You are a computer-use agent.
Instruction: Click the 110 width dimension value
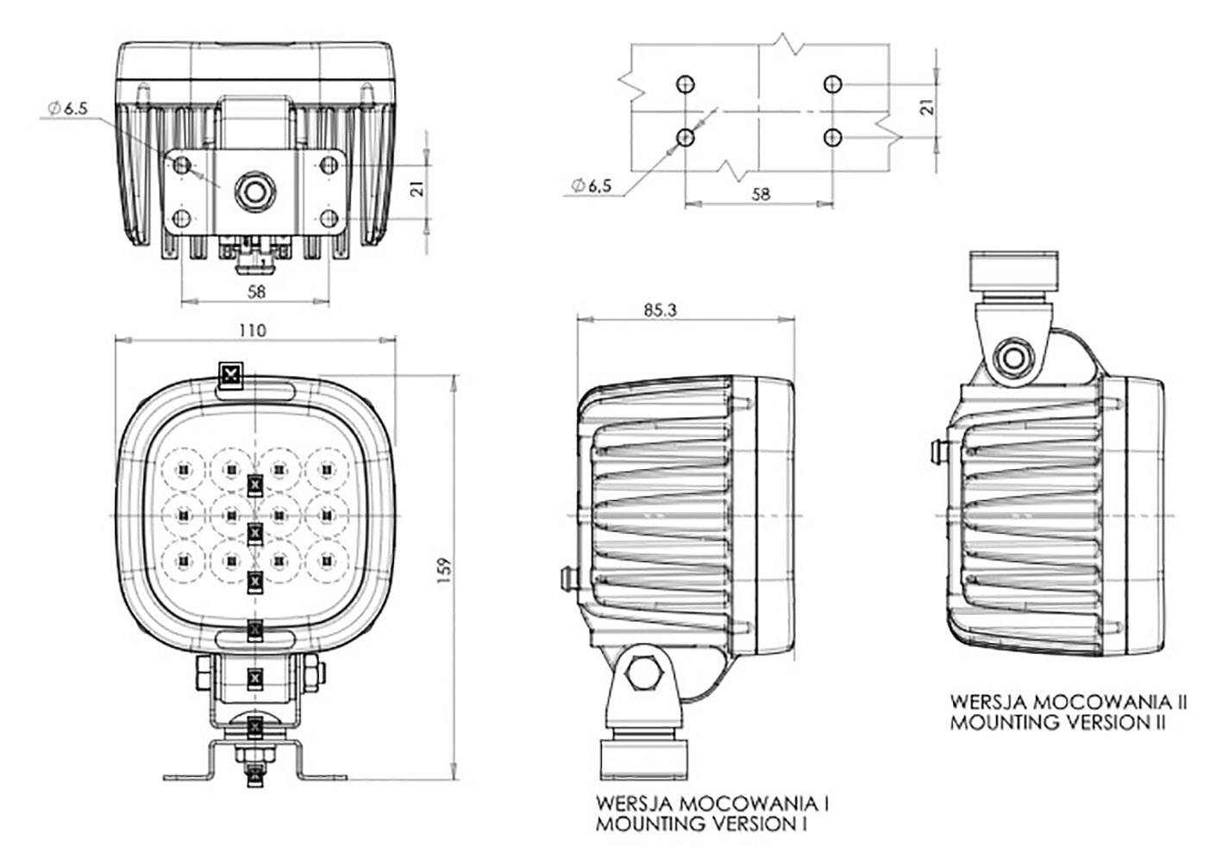pos(254,330)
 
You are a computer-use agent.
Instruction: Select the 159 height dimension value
pos(445,570)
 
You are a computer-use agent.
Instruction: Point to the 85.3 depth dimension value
pos(659,310)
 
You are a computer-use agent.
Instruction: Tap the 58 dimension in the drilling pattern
pos(760,194)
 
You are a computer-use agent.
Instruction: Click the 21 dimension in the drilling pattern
pos(927,107)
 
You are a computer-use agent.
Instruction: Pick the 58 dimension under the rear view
pos(256,291)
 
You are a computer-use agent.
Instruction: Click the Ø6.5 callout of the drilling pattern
pos(591,185)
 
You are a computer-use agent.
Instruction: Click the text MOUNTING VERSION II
pos(1057,722)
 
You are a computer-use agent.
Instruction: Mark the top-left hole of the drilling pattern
pos(685,84)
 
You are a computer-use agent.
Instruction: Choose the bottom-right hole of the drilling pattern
pos(832,137)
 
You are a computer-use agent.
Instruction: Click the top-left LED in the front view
pos(183,469)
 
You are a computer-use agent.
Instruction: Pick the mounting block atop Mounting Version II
pos(1013,272)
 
